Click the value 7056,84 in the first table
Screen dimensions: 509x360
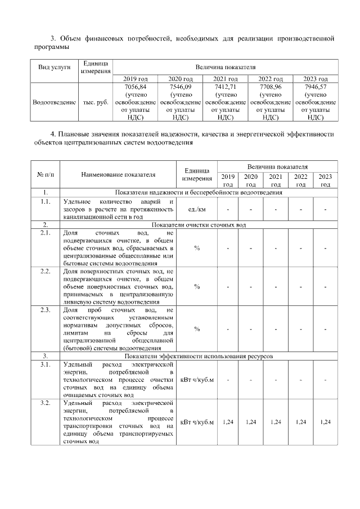(x=135, y=87)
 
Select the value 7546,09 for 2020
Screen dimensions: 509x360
(x=180, y=87)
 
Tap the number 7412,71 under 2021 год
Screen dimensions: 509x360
(x=225, y=87)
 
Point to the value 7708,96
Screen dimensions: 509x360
(x=270, y=87)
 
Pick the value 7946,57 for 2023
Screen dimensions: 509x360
(x=315, y=87)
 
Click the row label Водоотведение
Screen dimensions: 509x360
(x=54, y=102)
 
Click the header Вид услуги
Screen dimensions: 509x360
(x=54, y=67)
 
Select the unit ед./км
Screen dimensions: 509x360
(x=197, y=209)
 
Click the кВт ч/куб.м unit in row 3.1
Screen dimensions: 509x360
(x=197, y=380)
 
